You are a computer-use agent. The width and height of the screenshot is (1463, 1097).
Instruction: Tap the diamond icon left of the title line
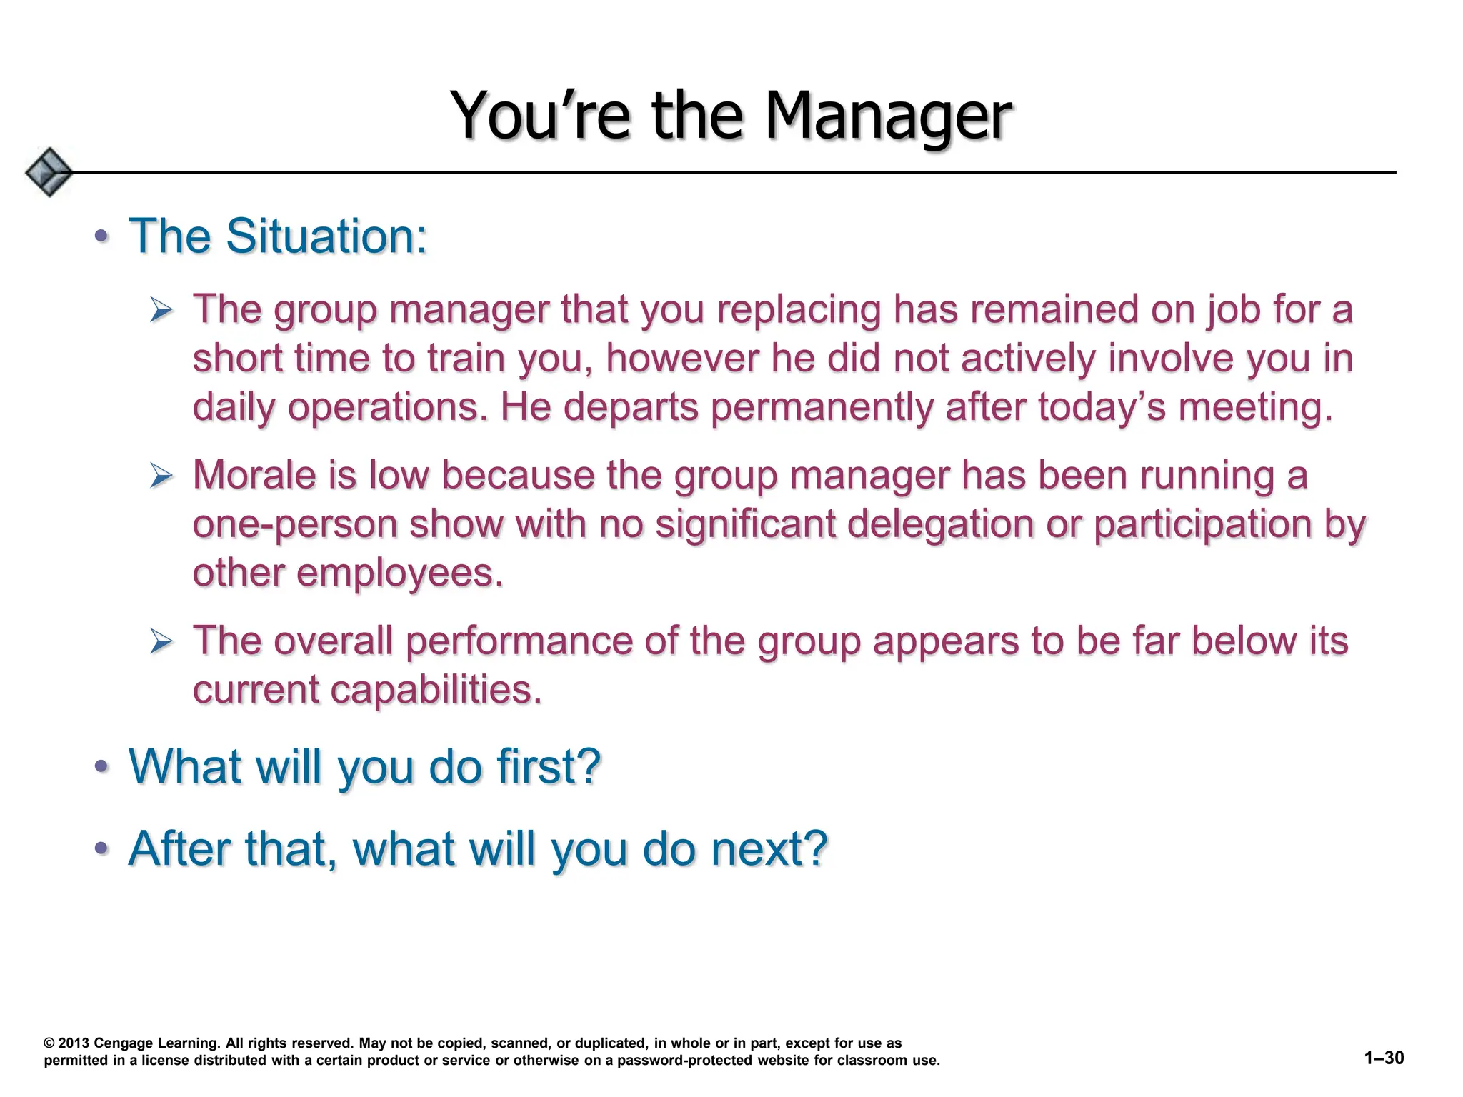[x=48, y=172]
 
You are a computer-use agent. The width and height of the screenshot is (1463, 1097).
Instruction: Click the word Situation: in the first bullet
[x=326, y=236]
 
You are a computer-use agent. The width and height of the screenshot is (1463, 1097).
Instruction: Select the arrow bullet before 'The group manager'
[x=161, y=311]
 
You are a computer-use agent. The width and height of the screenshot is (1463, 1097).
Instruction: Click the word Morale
[x=254, y=476]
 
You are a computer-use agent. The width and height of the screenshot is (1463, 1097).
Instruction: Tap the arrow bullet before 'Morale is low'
[x=161, y=476]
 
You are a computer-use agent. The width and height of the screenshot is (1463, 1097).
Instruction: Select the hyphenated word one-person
[x=294, y=525]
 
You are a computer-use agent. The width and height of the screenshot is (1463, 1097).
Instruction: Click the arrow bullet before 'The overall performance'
[x=161, y=641]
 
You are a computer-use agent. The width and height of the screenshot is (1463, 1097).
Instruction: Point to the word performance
[x=519, y=641]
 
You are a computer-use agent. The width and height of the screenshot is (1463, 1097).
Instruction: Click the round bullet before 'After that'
[x=101, y=849]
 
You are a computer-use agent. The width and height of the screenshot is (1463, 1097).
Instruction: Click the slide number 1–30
[x=1384, y=1058]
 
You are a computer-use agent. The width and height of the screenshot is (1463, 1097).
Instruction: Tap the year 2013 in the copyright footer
[x=74, y=1043]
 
